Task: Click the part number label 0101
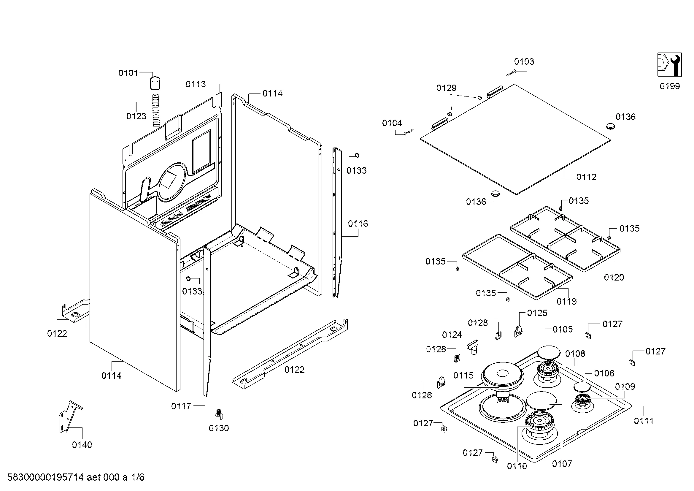pyautogui.click(x=128, y=73)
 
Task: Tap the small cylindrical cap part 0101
pyautogui.click(x=155, y=83)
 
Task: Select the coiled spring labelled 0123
pyautogui.click(x=155, y=110)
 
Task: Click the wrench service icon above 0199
pyautogui.click(x=669, y=65)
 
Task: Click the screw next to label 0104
pyautogui.click(x=409, y=132)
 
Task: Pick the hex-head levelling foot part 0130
pyautogui.click(x=219, y=414)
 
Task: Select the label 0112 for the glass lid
pyautogui.click(x=586, y=177)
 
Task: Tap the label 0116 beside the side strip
pyautogui.click(x=358, y=224)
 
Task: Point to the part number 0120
pyautogui.click(x=614, y=277)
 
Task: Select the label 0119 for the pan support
pyautogui.click(x=566, y=301)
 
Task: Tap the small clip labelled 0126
pyautogui.click(x=441, y=382)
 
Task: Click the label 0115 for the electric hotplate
pyautogui.click(x=463, y=376)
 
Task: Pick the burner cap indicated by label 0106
pyautogui.click(x=582, y=387)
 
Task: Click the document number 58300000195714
pyautogui.click(x=45, y=477)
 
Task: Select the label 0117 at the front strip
pyautogui.click(x=181, y=406)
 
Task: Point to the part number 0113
pyautogui.click(x=195, y=84)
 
